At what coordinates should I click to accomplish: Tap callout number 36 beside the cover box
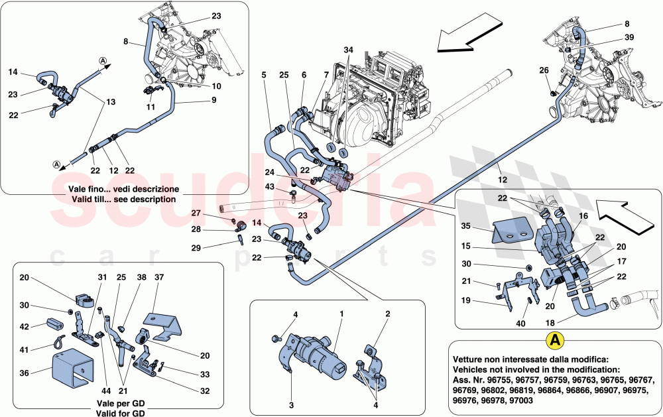tap(25, 373)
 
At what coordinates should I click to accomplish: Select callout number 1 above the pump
tap(341, 313)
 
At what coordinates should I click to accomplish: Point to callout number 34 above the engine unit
tap(349, 50)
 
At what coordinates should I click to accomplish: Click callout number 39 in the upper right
tap(629, 37)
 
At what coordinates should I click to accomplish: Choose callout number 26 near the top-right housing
tap(544, 70)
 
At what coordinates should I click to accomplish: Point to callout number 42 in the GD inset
tap(25, 327)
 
